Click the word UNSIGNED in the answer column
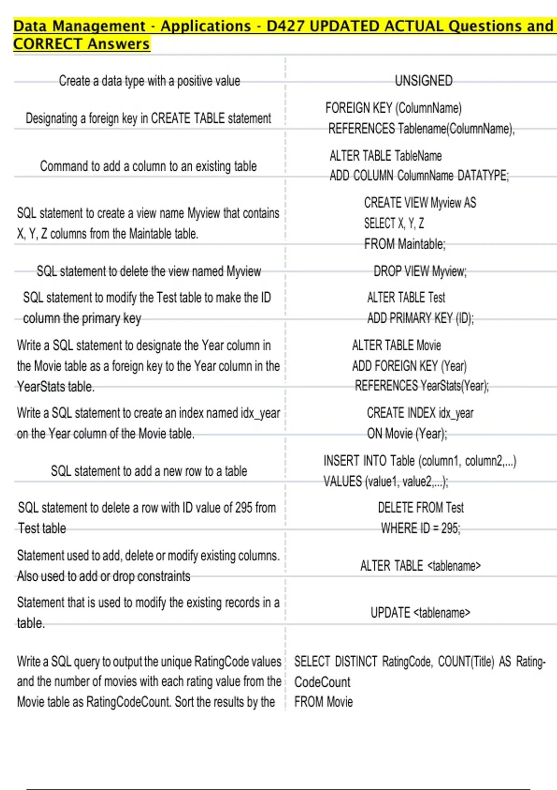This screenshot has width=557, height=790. point(423,81)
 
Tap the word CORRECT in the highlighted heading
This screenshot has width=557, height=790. point(48,44)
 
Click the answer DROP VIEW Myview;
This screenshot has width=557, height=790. point(420,271)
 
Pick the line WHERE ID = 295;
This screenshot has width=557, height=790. point(421,528)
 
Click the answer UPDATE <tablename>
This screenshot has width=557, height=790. point(420,613)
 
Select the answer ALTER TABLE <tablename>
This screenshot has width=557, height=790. point(420,566)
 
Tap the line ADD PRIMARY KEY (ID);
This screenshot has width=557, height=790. point(420,318)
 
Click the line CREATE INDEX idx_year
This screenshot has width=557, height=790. point(420,413)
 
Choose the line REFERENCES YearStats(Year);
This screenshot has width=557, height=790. point(421,386)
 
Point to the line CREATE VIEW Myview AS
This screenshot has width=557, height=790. point(420,203)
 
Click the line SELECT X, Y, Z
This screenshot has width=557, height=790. point(394,224)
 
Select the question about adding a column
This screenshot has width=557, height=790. point(148,166)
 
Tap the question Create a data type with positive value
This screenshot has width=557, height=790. point(149,81)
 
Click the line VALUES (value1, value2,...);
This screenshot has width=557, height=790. point(386,481)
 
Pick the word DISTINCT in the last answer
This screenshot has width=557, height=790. point(356,662)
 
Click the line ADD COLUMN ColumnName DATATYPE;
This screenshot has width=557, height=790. point(419,176)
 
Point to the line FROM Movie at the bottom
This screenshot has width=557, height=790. point(323,702)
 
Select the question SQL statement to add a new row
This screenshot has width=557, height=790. point(149,471)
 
